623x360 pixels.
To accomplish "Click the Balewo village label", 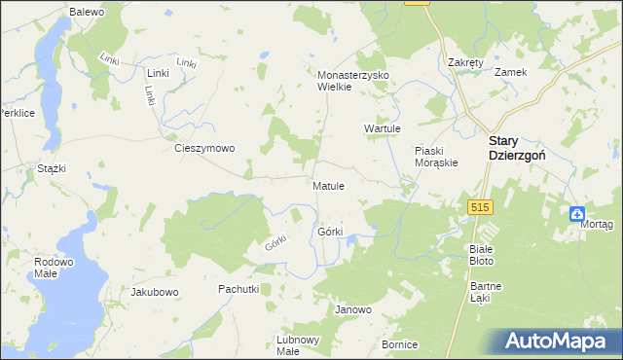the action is tap(88, 11).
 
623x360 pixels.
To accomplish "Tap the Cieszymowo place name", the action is tap(203, 149).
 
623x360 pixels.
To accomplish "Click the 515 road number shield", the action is tap(479, 207).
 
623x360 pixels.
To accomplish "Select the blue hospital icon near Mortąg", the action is tap(577, 215).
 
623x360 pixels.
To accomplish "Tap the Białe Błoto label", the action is tap(482, 255).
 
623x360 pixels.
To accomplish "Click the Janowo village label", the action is tap(353, 310).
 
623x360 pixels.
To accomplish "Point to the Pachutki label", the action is tap(238, 289).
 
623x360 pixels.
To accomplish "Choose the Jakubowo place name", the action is tap(155, 292).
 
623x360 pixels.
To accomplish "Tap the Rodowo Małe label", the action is tap(54, 268).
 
